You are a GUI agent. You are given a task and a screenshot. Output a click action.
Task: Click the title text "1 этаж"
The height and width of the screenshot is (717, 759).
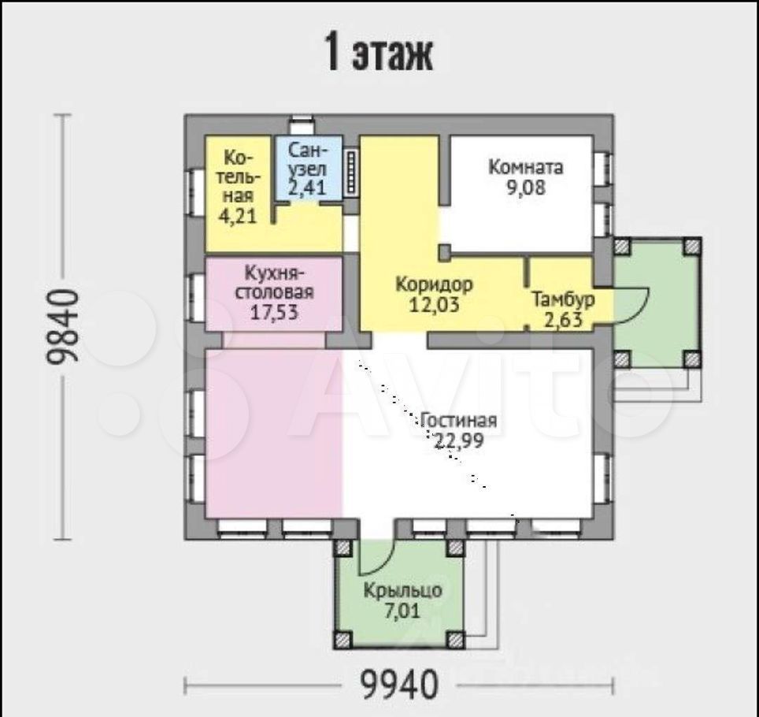379,51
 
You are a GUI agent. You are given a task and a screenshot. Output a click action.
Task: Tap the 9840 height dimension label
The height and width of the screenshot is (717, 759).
62,326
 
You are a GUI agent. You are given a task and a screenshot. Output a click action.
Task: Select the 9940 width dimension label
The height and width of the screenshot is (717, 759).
399,685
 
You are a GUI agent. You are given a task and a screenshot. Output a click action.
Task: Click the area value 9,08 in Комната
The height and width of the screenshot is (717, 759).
526,188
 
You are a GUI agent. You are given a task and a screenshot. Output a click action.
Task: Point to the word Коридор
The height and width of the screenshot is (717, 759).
434,284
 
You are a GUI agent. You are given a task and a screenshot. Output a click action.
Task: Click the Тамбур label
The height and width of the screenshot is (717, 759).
563,299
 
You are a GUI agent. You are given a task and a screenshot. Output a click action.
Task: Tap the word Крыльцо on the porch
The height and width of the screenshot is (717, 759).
403,591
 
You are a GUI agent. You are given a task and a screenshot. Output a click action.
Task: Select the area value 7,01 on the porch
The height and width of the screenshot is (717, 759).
402,611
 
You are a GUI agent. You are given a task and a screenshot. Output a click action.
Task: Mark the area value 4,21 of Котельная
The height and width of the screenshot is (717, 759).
237,216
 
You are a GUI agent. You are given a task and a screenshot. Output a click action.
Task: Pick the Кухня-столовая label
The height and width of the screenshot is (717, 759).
274,283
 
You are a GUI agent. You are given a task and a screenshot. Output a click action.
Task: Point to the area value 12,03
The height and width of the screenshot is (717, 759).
434,305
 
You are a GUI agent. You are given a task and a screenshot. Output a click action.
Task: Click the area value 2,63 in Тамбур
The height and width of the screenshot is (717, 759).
563,320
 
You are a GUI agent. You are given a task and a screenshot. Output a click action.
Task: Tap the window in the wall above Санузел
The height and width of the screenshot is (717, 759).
302,125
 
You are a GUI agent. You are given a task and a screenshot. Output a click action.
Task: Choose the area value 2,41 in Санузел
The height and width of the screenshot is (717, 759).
307,188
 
